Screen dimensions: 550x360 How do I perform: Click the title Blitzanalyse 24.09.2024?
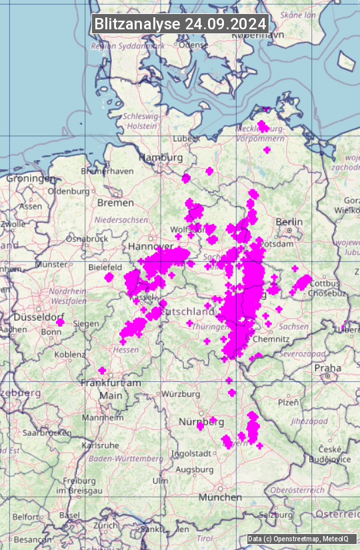click(180, 23)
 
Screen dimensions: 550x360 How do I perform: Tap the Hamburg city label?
click(160, 157)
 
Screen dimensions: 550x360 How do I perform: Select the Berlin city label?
click(289, 221)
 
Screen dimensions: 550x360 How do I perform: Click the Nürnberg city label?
click(201, 421)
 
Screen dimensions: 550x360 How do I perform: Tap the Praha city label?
click(327, 367)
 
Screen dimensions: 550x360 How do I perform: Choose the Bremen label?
click(115, 202)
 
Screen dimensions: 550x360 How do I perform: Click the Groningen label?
click(31, 179)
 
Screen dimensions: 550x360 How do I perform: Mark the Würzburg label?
click(181, 393)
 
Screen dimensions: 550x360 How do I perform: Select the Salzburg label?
click(275, 515)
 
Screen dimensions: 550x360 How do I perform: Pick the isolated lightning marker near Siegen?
click(60, 322)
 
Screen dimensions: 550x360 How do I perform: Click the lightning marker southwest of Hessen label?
click(102, 370)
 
